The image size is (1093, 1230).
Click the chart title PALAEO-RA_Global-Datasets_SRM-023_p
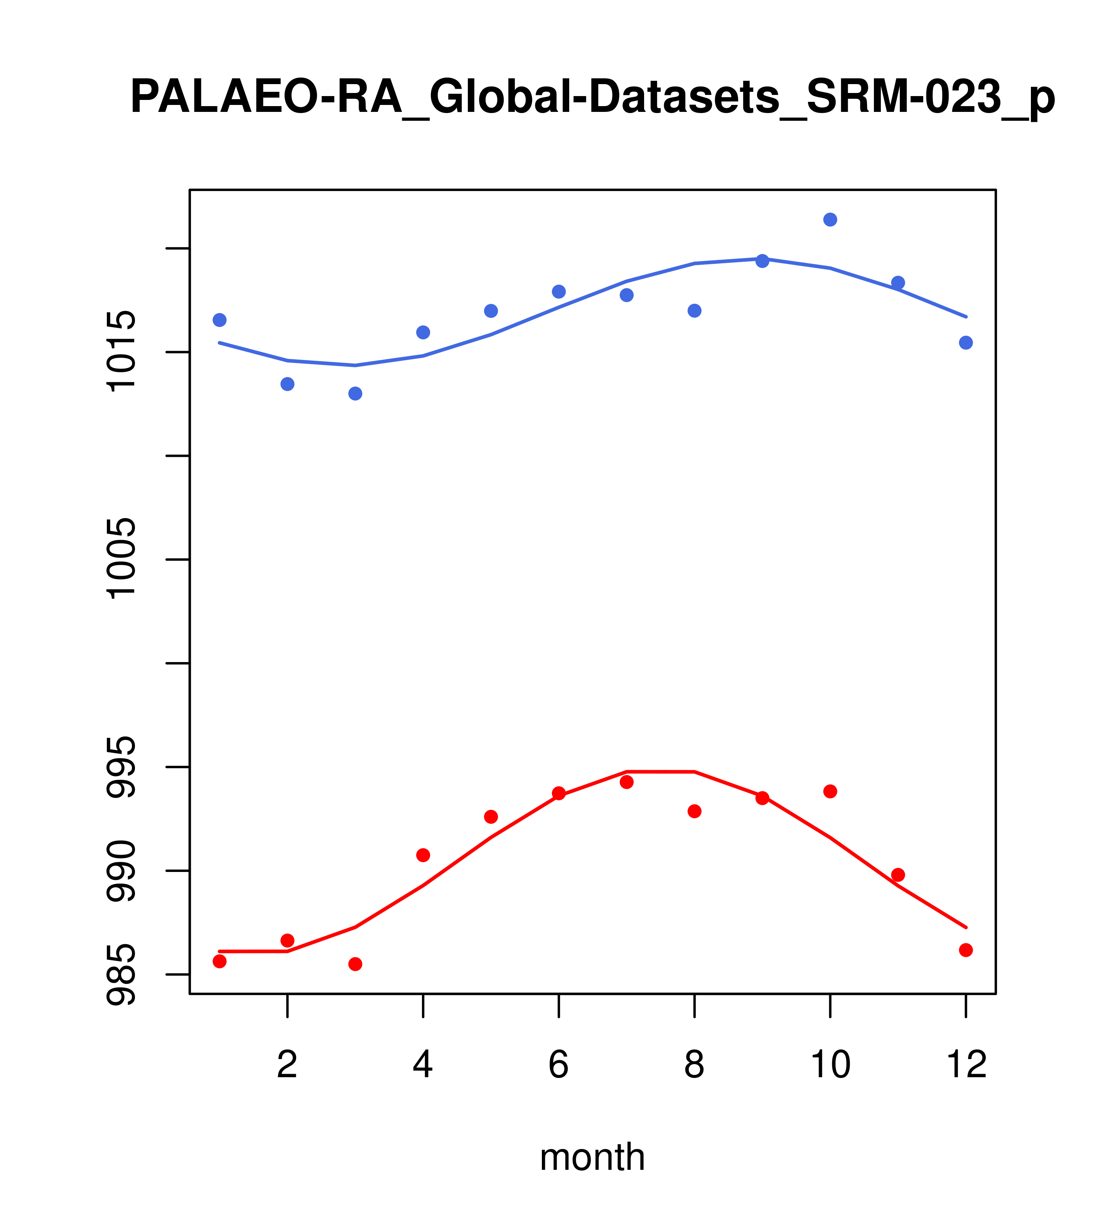592,98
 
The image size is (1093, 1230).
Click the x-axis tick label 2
288,1065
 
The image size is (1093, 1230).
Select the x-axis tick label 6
559,1065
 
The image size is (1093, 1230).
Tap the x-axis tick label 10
830,1065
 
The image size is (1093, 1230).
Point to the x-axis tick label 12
966,1065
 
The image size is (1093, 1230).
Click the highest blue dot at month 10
830,220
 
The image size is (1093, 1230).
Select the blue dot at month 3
356,394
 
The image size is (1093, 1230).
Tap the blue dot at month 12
966,343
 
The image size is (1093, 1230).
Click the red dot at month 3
356,964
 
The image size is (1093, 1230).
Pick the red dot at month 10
830,791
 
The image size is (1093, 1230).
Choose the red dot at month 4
423,855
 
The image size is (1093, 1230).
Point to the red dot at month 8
695,811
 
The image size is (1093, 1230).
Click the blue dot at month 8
695,311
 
